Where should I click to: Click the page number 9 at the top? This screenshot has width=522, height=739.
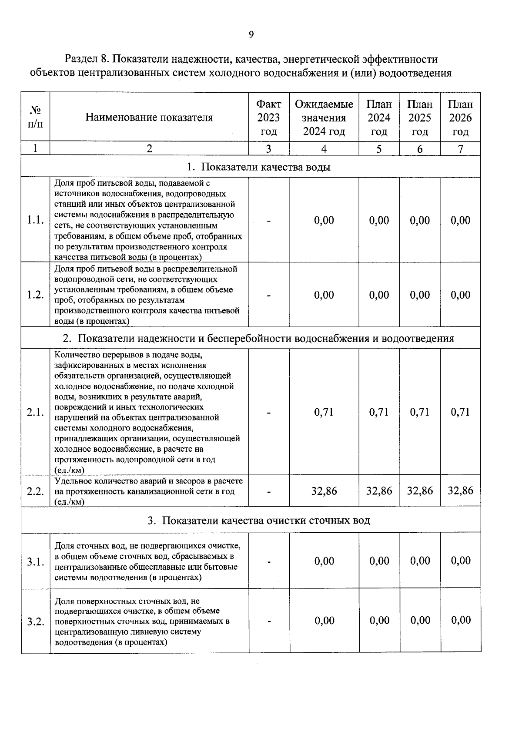pos(251,35)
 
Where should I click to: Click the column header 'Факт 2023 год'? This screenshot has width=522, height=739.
pos(268,118)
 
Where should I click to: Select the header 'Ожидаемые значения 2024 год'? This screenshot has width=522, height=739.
pos(324,118)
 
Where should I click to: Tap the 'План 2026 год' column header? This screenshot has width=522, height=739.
pos(460,118)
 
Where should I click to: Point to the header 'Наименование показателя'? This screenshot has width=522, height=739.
pos(149,118)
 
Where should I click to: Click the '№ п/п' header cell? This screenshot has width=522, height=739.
pos(35,118)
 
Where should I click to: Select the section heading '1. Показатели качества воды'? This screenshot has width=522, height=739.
pos(258,167)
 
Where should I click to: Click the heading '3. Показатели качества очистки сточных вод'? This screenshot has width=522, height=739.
pos(258,521)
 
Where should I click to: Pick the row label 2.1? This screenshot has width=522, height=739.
pos(35,413)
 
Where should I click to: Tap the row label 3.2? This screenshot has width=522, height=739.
pos(35,621)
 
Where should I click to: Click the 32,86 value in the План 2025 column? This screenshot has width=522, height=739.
pos(420,491)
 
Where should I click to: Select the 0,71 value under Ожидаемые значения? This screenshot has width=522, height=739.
pos(324,412)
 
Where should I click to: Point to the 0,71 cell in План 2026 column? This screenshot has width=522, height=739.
pos(460,412)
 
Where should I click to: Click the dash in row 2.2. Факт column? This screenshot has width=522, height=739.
pos(269,492)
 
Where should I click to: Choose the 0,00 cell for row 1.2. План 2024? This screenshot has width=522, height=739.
pos(379,295)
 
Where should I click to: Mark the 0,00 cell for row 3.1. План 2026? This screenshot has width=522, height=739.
pos(461,561)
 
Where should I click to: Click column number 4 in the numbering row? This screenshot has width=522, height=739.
pos(324,149)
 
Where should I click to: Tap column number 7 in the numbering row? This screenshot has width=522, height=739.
pos(460,149)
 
